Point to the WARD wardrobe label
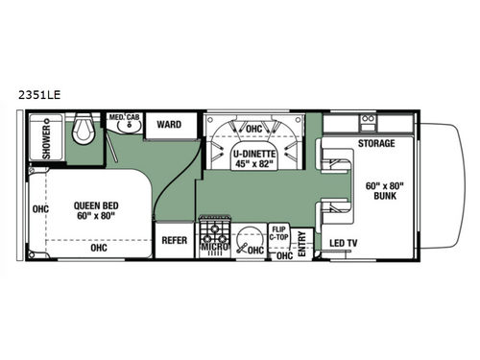click(x=170, y=124)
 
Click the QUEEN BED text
click(x=97, y=204)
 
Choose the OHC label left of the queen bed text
click(x=40, y=209)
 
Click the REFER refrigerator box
click(x=175, y=241)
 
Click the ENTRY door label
click(x=303, y=243)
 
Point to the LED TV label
click(x=344, y=243)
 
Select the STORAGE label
click(x=375, y=144)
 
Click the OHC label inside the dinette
click(x=254, y=128)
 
